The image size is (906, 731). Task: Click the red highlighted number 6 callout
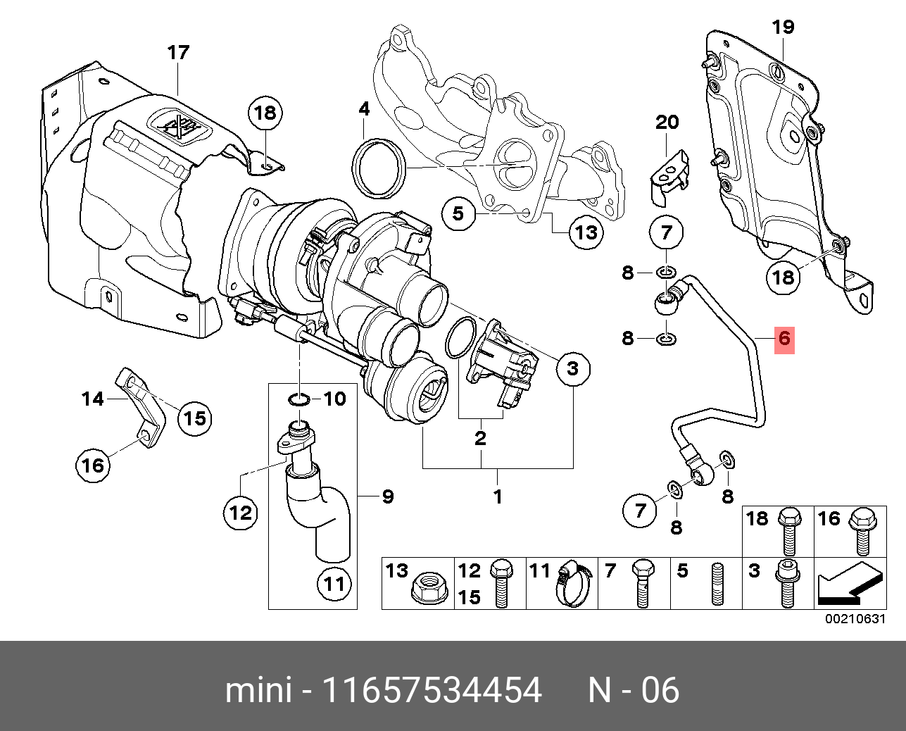click(x=784, y=339)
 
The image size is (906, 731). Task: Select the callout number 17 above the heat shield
click(x=178, y=53)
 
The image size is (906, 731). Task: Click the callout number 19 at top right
click(x=783, y=27)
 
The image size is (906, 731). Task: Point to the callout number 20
click(x=667, y=122)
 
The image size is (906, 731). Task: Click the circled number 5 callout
click(x=458, y=212)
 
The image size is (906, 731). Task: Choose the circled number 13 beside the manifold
click(x=586, y=232)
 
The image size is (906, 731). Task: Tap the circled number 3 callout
click(x=572, y=368)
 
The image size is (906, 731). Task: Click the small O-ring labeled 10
click(x=299, y=400)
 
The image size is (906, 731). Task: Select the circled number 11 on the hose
click(x=334, y=583)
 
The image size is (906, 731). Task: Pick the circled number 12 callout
click(x=241, y=512)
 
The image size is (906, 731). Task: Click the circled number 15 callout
click(x=194, y=418)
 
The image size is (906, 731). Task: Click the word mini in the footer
click(x=258, y=690)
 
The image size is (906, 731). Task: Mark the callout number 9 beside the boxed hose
click(x=387, y=496)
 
